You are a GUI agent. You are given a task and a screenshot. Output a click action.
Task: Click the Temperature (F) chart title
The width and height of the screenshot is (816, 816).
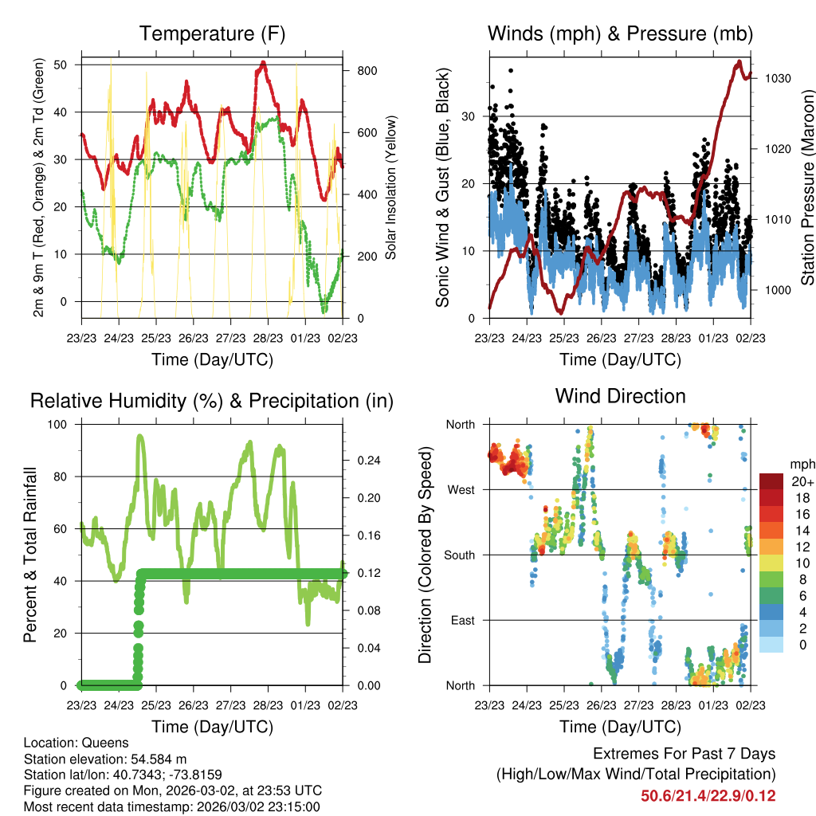(212, 34)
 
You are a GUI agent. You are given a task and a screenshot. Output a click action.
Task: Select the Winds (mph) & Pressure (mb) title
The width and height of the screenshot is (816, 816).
(620, 34)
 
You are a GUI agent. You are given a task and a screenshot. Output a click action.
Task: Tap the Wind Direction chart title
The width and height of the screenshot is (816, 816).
(620, 396)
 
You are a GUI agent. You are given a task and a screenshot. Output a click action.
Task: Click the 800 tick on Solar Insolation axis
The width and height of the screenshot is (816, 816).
(367, 71)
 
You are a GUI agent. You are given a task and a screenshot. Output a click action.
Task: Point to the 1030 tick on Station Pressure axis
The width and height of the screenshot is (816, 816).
(778, 79)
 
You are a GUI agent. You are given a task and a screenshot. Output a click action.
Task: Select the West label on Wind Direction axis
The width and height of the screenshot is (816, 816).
(461, 490)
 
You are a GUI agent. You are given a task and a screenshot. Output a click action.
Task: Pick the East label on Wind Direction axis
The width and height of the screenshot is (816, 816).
(462, 620)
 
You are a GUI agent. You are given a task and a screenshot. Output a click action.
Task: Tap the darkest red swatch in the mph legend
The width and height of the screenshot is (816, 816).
(771, 482)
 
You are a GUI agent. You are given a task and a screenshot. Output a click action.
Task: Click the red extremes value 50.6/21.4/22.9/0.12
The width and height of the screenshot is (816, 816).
(708, 796)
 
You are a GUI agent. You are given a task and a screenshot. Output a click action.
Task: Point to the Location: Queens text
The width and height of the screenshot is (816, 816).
(76, 743)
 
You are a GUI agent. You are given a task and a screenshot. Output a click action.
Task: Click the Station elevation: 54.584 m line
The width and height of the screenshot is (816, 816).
(105, 759)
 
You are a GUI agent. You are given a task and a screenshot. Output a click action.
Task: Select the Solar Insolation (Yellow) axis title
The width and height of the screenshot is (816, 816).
(391, 188)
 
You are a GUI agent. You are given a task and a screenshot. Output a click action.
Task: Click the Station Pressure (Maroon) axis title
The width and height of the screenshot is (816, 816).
(807, 188)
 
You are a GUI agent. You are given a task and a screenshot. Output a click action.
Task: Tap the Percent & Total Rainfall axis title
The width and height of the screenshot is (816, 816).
(30, 555)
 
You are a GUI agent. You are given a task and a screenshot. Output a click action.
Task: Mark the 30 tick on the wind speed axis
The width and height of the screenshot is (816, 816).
(469, 116)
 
